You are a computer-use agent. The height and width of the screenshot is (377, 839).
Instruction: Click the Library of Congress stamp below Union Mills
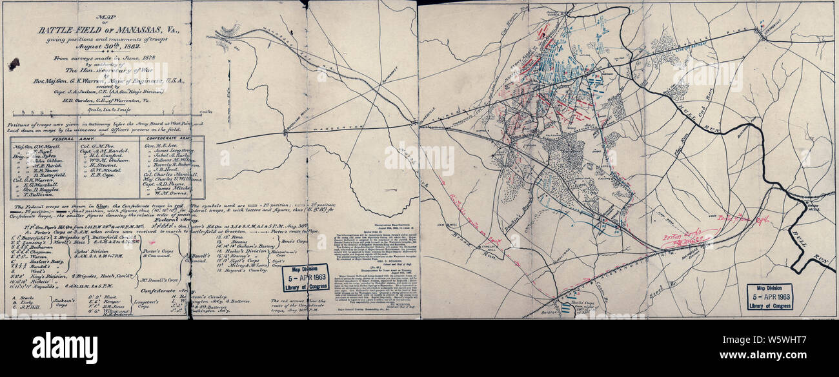click(x=769, y=296)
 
